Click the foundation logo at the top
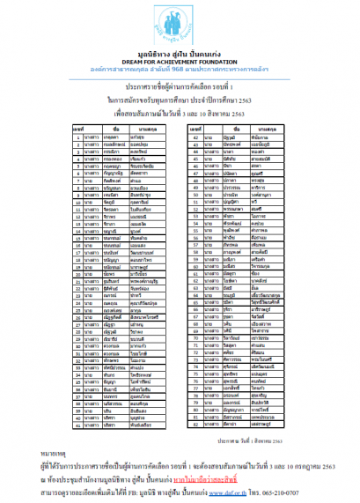(x=179, y=19)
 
